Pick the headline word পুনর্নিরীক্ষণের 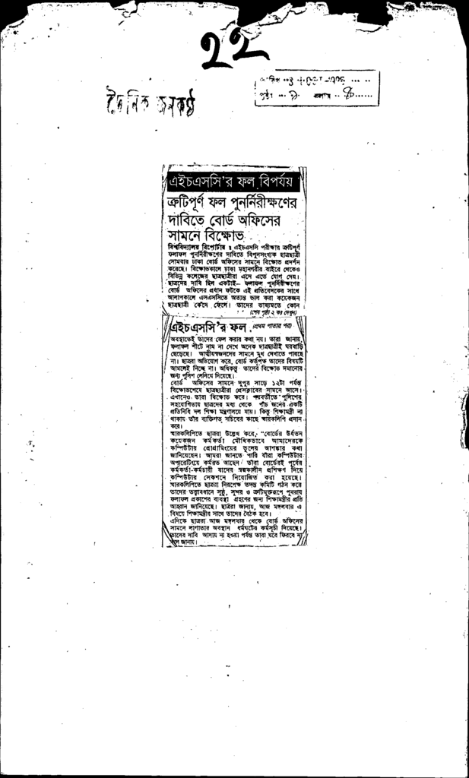click(264, 203)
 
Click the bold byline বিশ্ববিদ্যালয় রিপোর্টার click(197, 248)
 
